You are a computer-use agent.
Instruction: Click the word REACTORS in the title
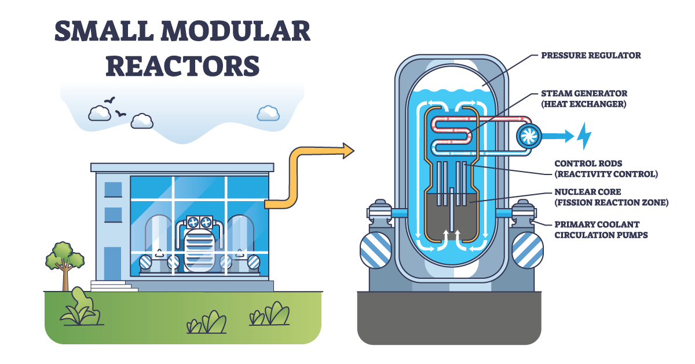tap(182, 65)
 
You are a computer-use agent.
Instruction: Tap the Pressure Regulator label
tap(591, 56)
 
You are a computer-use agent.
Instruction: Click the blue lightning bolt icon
tap(583, 136)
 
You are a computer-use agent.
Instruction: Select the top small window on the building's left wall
tap(113, 190)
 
